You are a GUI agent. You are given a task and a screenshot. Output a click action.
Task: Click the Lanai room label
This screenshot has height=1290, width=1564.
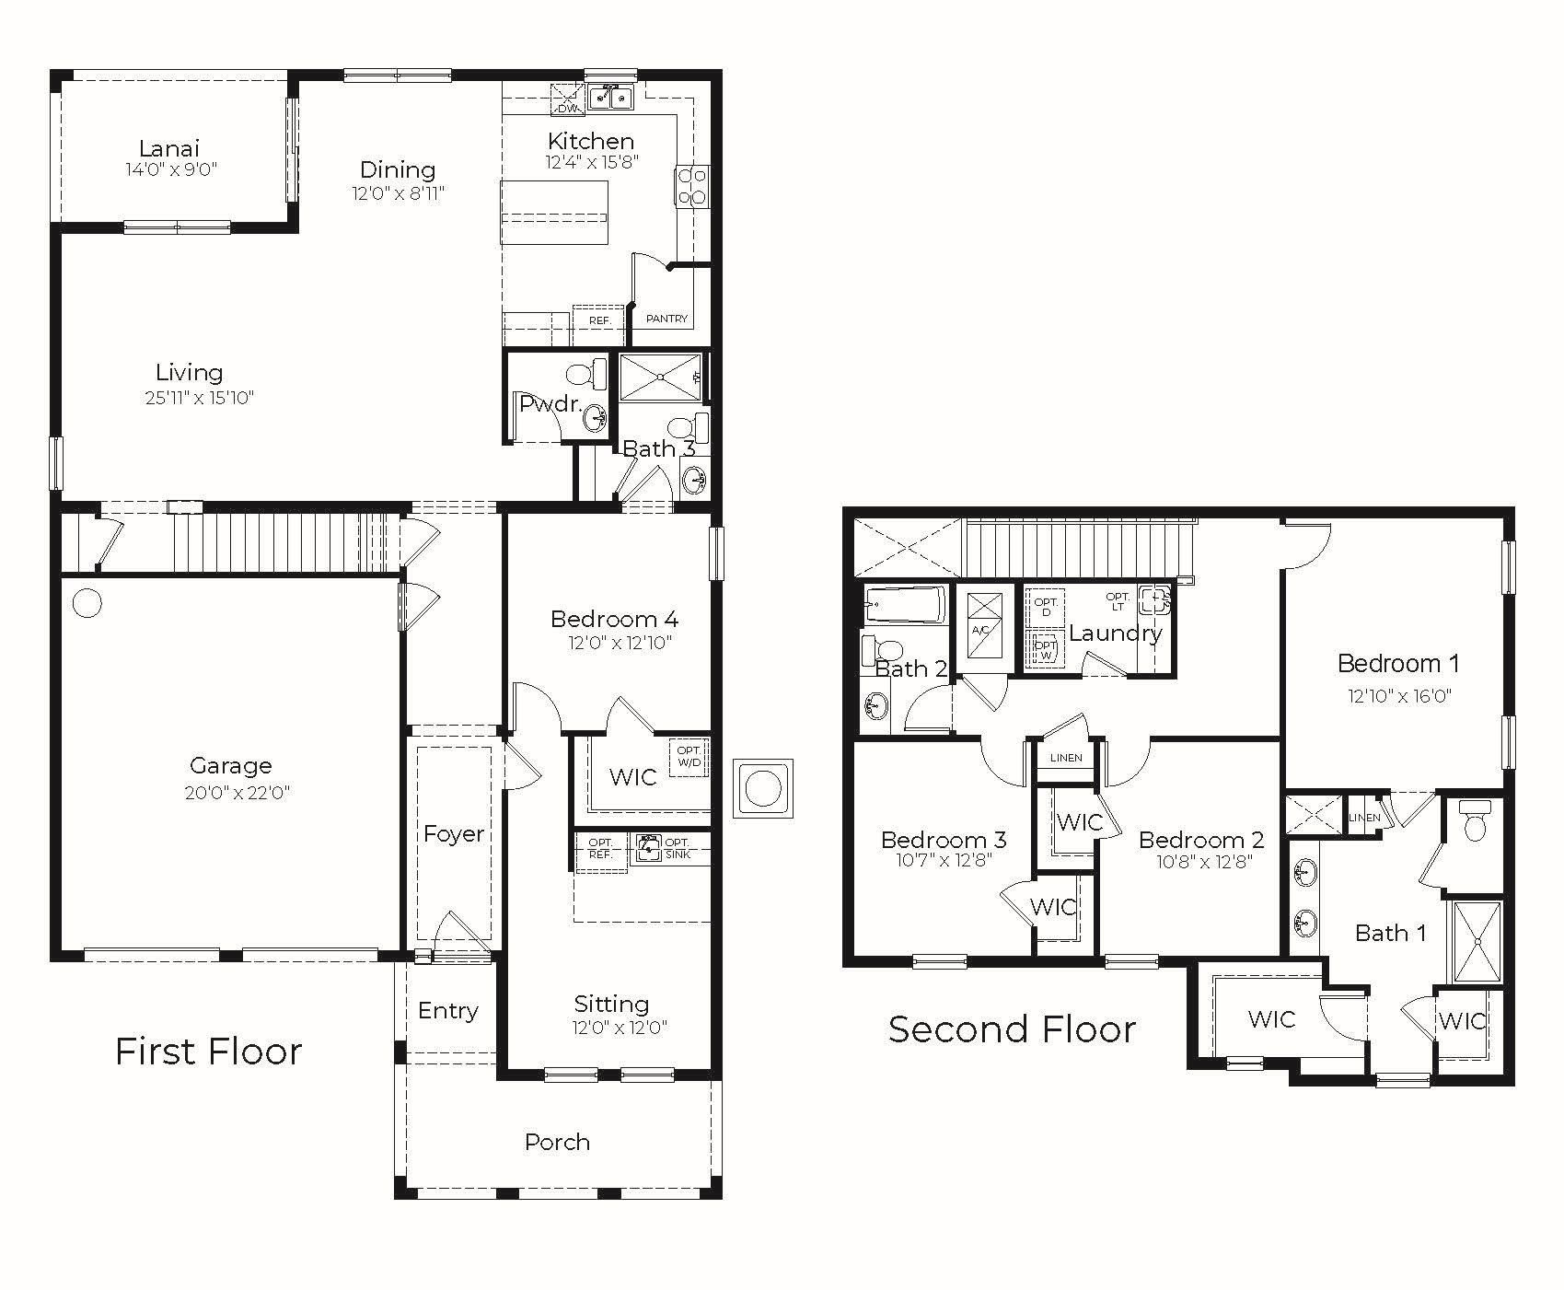pos(169,147)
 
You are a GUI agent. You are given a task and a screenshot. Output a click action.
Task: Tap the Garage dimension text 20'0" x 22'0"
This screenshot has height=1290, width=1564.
pos(237,793)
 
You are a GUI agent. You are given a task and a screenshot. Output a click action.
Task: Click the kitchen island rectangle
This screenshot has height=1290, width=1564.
pos(555,213)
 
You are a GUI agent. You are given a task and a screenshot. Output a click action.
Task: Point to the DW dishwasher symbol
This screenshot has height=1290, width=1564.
pos(568,99)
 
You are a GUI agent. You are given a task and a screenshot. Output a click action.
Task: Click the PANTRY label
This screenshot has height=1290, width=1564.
pos(666,319)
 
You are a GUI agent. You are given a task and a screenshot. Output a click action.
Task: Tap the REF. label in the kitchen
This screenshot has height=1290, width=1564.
pos(600,320)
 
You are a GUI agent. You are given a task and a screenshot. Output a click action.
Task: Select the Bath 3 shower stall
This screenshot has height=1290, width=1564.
pos(661,378)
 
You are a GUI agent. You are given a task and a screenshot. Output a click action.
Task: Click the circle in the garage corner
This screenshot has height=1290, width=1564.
pos(87,604)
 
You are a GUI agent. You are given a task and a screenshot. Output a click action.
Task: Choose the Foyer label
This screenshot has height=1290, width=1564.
pos(454,833)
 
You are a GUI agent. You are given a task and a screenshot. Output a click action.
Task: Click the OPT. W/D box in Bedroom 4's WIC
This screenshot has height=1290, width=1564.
pos(689,757)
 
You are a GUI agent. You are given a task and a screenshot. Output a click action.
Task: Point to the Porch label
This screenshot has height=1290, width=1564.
pos(557,1142)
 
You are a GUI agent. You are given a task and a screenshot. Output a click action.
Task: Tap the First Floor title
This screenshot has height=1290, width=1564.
pos(208,1051)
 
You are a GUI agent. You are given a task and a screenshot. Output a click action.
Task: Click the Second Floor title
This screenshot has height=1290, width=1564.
pos(1012,1029)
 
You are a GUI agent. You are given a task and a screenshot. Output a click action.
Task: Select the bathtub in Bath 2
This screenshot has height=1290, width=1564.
pos(904,605)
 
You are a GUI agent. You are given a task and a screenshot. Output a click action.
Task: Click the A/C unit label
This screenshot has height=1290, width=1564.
pos(979,630)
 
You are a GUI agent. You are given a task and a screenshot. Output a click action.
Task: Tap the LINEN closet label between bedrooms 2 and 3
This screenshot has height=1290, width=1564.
pos(1066,758)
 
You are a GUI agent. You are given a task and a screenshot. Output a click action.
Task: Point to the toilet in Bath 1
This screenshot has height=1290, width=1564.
pos(1475,819)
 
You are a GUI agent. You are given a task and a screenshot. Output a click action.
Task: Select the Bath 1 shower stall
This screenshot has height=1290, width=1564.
pos(1477,941)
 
